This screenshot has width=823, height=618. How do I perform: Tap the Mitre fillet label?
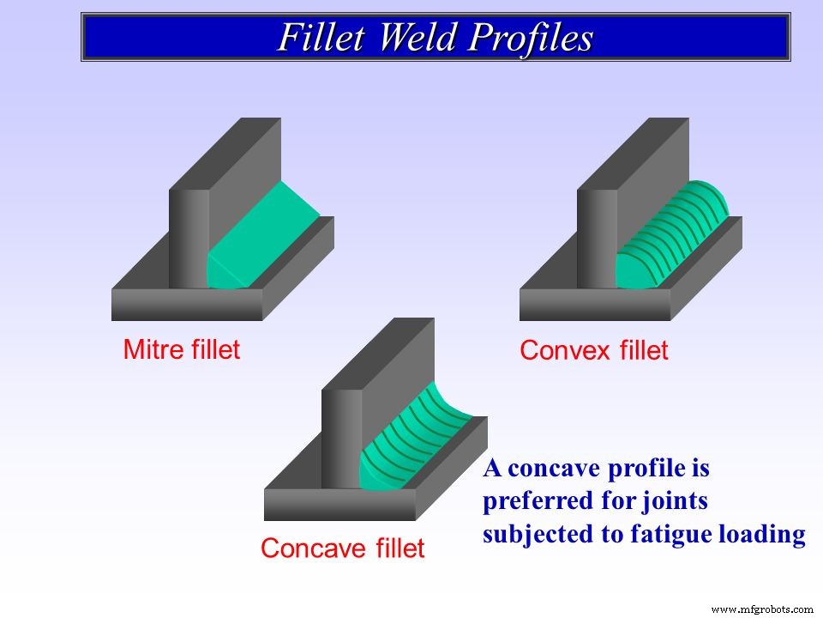coord(182,349)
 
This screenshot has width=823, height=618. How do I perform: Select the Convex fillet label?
coord(594,350)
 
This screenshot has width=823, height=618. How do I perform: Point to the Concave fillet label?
coord(342,548)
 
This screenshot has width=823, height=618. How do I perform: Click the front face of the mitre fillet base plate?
coord(186,305)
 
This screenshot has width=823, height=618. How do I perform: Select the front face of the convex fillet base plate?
coord(594,305)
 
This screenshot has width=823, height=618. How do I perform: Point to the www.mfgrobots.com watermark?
coord(762,609)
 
